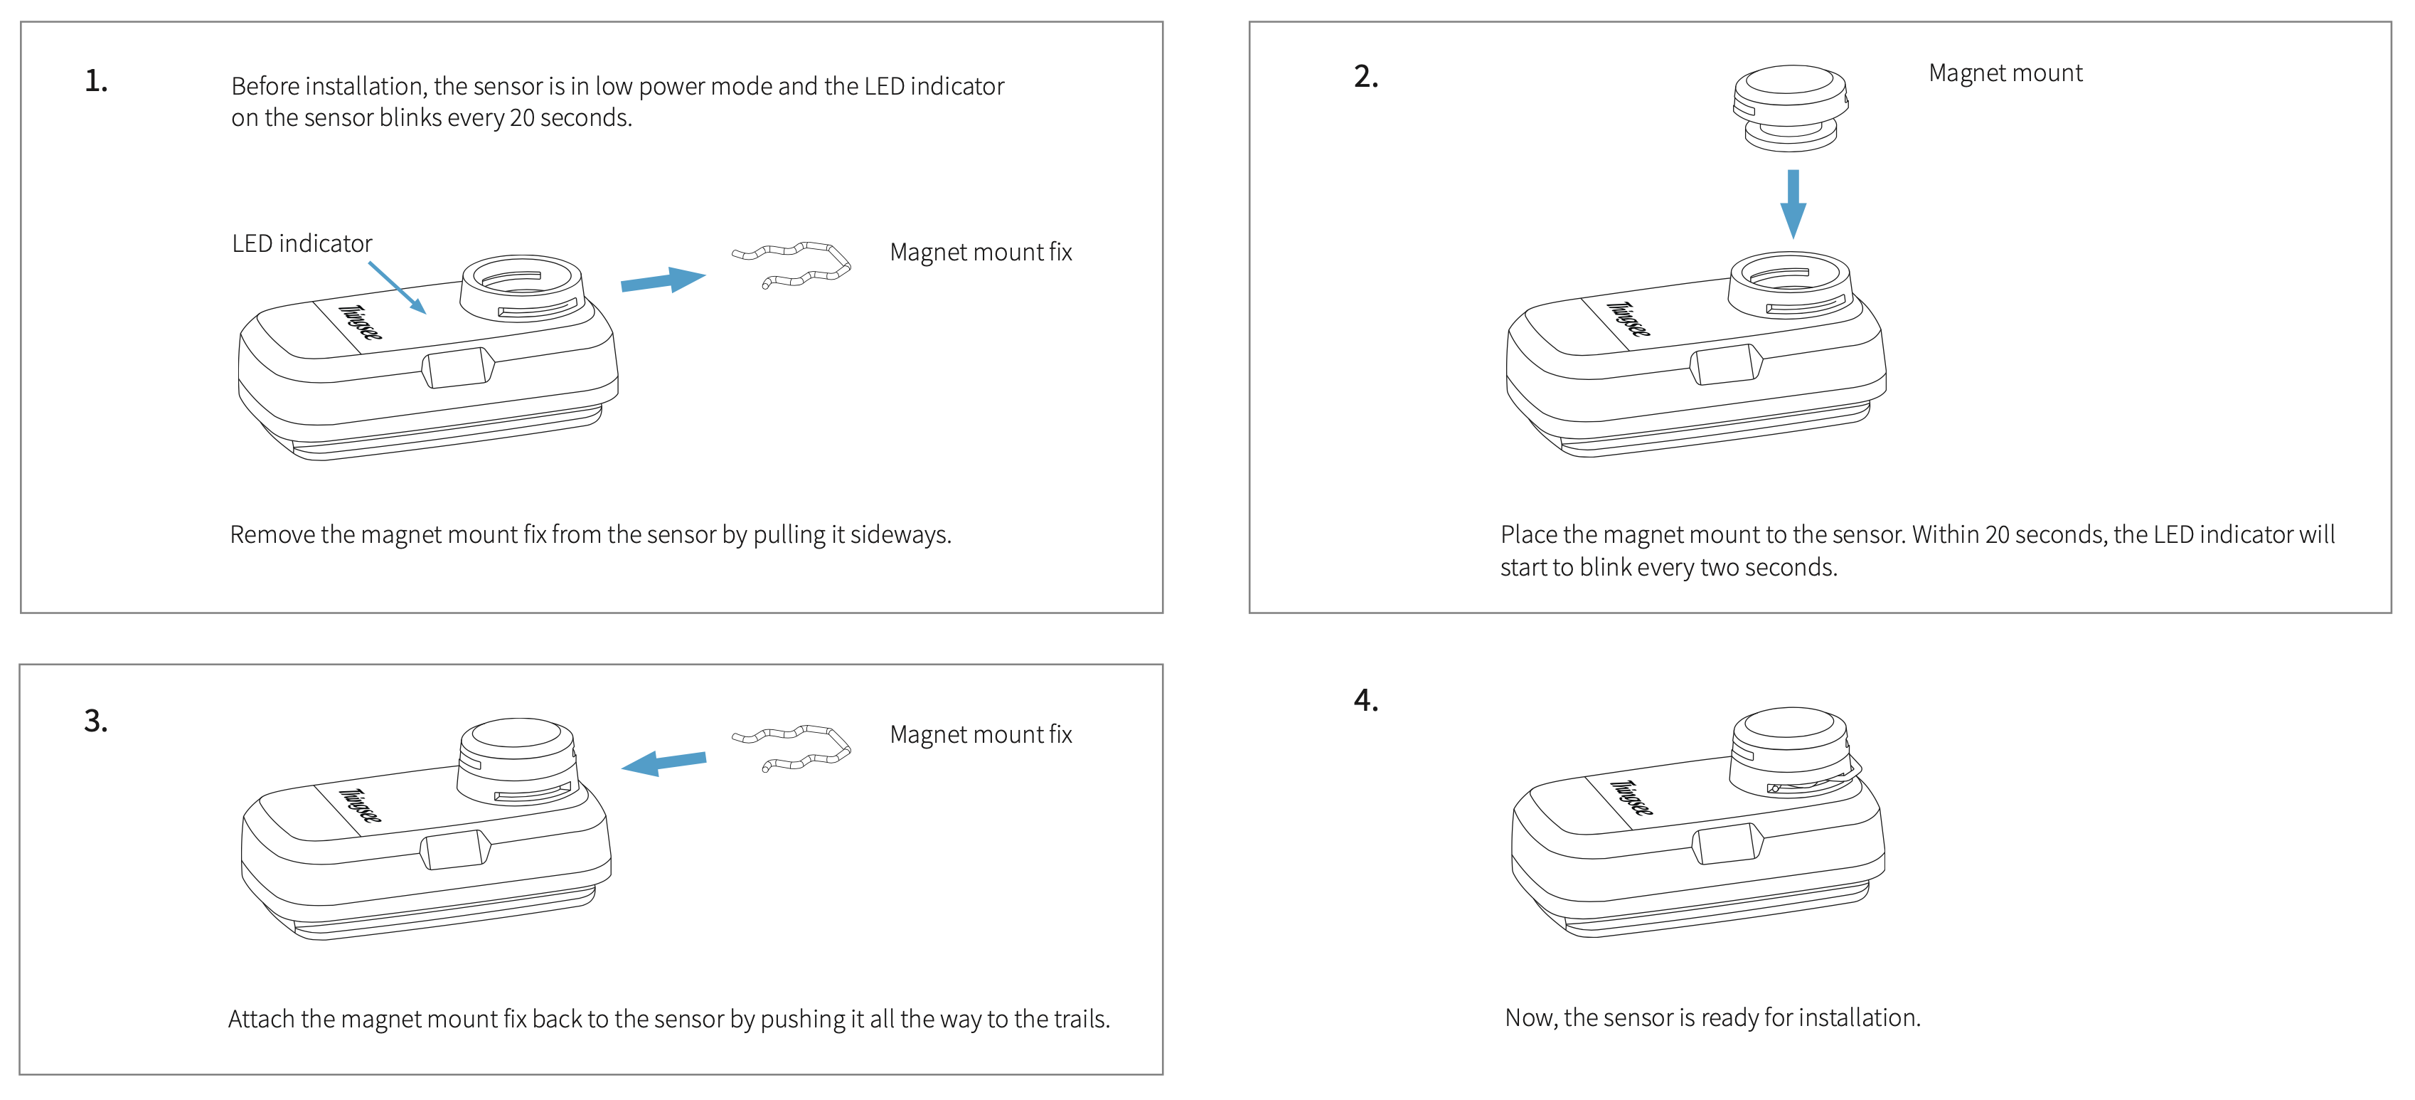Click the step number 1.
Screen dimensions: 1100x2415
pyautogui.click(x=95, y=82)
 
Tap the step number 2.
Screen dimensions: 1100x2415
pyautogui.click(x=1365, y=77)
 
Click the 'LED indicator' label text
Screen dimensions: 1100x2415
pyautogui.click(x=302, y=244)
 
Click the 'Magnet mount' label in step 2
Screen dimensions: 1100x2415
pyautogui.click(x=2005, y=73)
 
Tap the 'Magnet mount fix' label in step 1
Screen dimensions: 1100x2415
pyautogui.click(x=980, y=253)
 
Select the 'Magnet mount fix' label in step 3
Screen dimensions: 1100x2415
pyautogui.click(x=980, y=734)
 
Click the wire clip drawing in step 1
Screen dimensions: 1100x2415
pyautogui.click(x=793, y=265)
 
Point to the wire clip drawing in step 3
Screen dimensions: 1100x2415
pyautogui.click(x=793, y=747)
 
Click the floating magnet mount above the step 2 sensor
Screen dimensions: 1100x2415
pyautogui.click(x=1790, y=106)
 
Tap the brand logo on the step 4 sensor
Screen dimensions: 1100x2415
pyautogui.click(x=1632, y=797)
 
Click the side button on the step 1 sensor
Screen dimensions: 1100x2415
pyautogui.click(x=457, y=368)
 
